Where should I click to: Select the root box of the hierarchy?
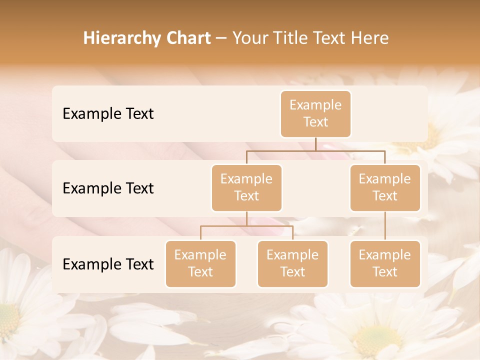coord(315,113)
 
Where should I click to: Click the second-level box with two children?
coord(246,187)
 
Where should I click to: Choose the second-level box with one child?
coord(385,187)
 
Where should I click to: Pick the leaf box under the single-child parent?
coord(385,263)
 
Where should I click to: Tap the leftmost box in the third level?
coord(200,263)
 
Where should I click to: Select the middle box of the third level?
coord(292,263)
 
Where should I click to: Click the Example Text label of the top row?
coord(108,113)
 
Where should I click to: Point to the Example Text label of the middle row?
coord(108,188)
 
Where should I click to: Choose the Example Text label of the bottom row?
coord(108,264)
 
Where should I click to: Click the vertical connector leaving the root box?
coord(315,144)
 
